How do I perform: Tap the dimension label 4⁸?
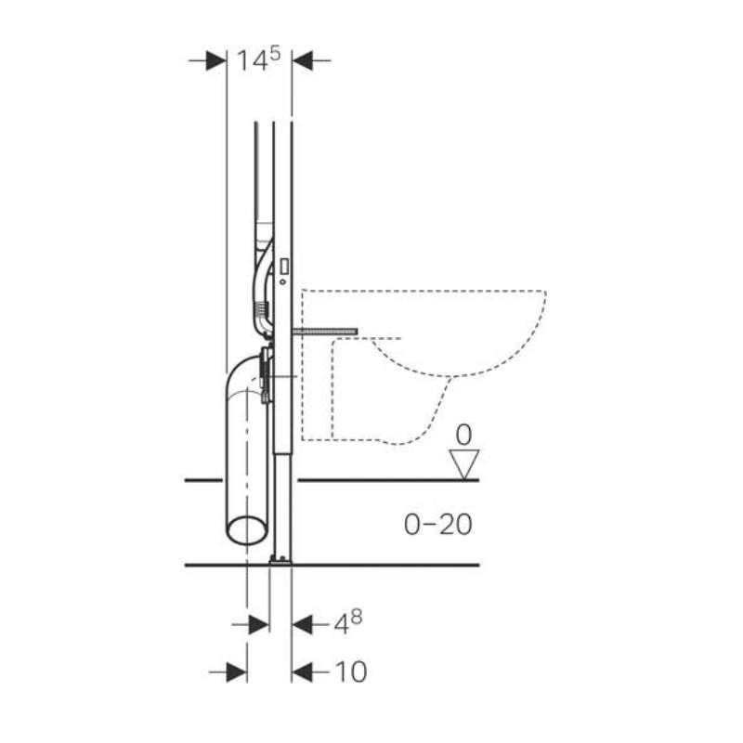[348, 622]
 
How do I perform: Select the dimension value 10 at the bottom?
[351, 671]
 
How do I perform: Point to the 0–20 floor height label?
[437, 525]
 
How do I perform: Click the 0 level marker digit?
[463, 435]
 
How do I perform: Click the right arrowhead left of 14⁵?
[216, 60]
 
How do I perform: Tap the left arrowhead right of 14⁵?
[303, 60]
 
